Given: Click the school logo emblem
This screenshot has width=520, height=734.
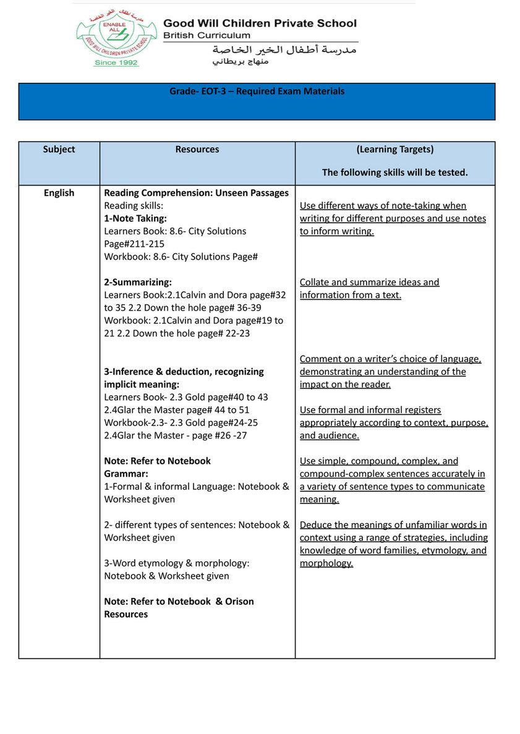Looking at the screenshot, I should (x=115, y=36).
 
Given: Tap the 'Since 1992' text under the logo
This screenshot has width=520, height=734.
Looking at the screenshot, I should (x=116, y=62).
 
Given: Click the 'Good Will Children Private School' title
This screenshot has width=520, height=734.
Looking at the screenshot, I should (x=260, y=23).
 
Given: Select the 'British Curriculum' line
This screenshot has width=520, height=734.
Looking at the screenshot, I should (x=207, y=36).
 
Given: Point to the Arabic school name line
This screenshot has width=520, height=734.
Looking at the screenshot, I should (x=284, y=49).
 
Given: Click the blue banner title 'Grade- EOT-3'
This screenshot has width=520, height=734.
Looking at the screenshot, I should (x=257, y=92).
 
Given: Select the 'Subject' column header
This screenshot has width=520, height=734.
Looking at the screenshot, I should (x=59, y=150).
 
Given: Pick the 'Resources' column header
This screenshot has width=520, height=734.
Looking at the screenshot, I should (x=197, y=150).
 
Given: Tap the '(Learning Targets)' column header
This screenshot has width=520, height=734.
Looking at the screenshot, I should (x=394, y=150).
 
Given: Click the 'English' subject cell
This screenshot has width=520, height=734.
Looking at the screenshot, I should (x=59, y=193).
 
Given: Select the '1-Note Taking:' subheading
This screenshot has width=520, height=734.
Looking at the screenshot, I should (x=135, y=218).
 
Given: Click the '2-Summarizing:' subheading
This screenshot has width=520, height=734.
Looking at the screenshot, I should (x=138, y=282).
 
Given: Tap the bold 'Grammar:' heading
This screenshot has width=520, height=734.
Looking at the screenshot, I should (x=126, y=474).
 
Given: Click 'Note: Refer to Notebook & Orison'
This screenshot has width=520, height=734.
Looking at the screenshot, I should (x=179, y=601).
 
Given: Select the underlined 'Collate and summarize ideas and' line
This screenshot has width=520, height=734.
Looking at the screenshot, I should (x=369, y=282).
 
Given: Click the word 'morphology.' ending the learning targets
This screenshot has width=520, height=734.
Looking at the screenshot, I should (x=326, y=563).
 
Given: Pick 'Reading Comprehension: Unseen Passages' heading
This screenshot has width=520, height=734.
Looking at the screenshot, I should (x=196, y=193).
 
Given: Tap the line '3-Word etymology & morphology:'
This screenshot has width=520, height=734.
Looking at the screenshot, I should (x=176, y=563).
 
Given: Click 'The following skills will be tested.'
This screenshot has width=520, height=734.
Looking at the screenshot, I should (x=394, y=173).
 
